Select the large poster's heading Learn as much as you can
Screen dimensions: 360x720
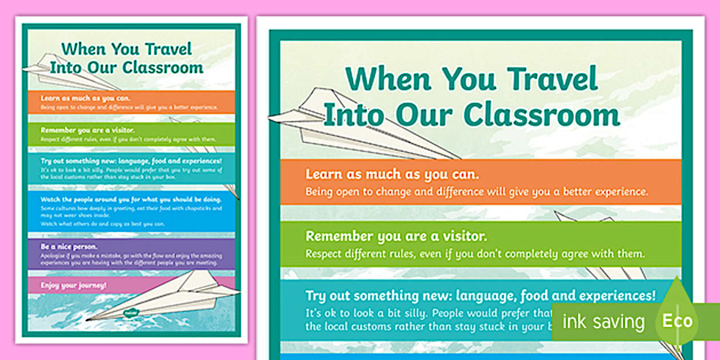(x=392, y=174)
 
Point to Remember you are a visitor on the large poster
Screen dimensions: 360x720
(x=396, y=236)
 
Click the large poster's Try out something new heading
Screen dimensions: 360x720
(x=480, y=295)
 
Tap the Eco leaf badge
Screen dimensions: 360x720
(x=677, y=320)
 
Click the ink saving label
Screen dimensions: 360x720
(x=603, y=322)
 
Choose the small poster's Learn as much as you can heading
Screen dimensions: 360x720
(x=85, y=98)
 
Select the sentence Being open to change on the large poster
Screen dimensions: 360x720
(x=477, y=192)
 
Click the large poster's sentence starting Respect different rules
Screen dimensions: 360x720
(x=475, y=253)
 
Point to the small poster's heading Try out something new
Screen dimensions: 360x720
(x=131, y=162)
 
